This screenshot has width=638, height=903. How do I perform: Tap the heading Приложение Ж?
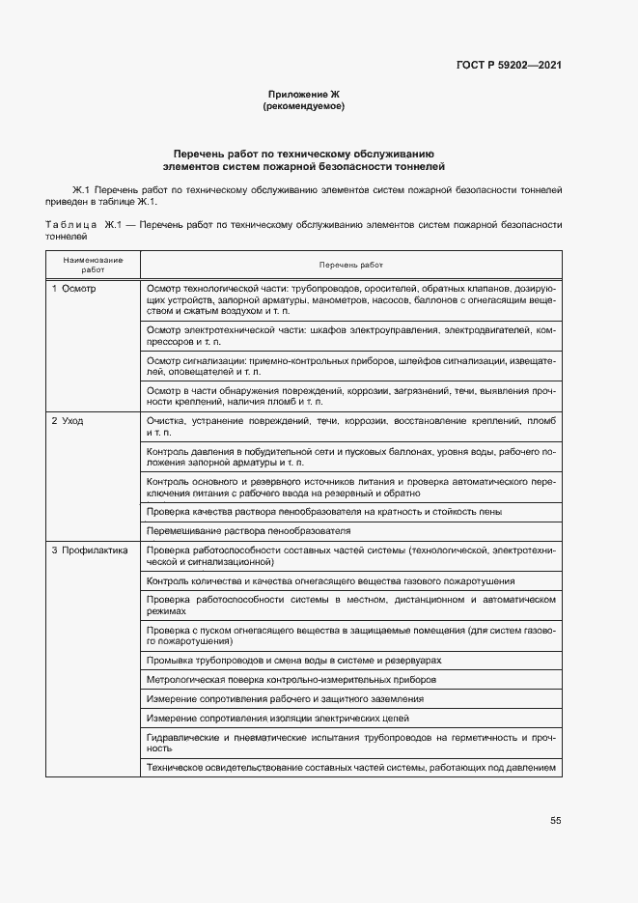pyautogui.click(x=303, y=94)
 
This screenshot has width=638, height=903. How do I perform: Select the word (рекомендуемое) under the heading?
pyautogui.click(x=303, y=106)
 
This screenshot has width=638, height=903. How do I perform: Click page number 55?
pyautogui.click(x=556, y=821)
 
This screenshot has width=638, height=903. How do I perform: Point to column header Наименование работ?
pyautogui.click(x=94, y=266)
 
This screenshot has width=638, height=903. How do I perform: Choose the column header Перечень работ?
pyautogui.click(x=350, y=265)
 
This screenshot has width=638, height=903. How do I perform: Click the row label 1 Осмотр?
pyautogui.click(x=74, y=289)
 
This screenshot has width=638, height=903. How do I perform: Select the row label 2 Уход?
pyautogui.click(x=68, y=422)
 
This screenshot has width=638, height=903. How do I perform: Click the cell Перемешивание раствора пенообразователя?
pyautogui.click(x=248, y=530)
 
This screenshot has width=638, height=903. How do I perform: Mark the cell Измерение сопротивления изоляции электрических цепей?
pyautogui.click(x=277, y=719)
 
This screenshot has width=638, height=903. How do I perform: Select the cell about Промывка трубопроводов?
pyautogui.click(x=293, y=660)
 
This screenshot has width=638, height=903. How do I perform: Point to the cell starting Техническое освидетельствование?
pyautogui.click(x=350, y=768)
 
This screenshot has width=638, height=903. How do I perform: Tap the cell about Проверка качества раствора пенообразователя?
pyautogui.click(x=323, y=511)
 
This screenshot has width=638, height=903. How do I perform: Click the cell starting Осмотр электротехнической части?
pyautogui.click(x=350, y=336)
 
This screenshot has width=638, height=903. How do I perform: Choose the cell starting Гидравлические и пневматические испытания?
pyautogui.click(x=350, y=743)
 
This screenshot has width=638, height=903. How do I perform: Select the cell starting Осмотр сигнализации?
pyautogui.click(x=350, y=365)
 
